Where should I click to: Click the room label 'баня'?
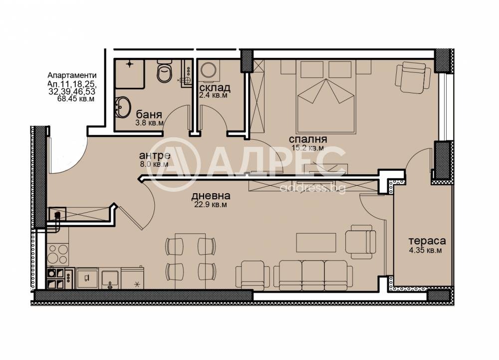pos(149,114)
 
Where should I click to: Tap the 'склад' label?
pos(215,87)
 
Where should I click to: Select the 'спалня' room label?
pos(308,139)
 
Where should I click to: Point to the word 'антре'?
pos(155,155)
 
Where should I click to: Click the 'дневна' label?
pos(211,196)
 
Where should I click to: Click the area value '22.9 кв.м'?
pos(211,205)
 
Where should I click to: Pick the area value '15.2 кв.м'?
pos(307,148)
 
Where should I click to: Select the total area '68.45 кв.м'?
pos(76,99)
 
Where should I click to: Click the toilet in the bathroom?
pos(164,72)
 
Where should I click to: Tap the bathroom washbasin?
pos(123,107)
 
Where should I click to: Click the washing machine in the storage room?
pos(209,70)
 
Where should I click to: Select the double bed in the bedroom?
pos(326,96)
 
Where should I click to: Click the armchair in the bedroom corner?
pos(413,77)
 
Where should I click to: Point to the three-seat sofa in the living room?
pos(313,275)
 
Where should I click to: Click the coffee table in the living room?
pos(316,243)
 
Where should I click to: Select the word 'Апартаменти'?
pos(72,75)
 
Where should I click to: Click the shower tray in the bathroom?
pos(130,73)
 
